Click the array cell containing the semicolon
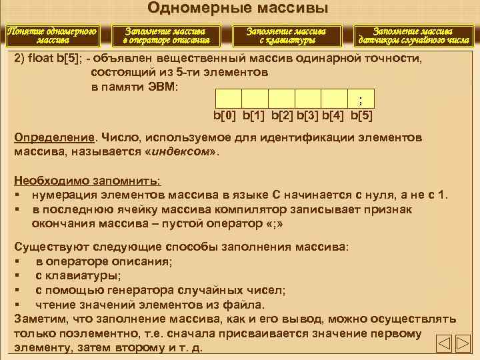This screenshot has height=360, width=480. [x=361, y=99]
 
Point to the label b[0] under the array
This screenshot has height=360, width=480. [x=225, y=116]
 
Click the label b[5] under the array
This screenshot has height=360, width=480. [x=361, y=116]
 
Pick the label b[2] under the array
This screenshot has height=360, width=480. [x=281, y=116]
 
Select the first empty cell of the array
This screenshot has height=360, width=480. [x=227, y=99]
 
